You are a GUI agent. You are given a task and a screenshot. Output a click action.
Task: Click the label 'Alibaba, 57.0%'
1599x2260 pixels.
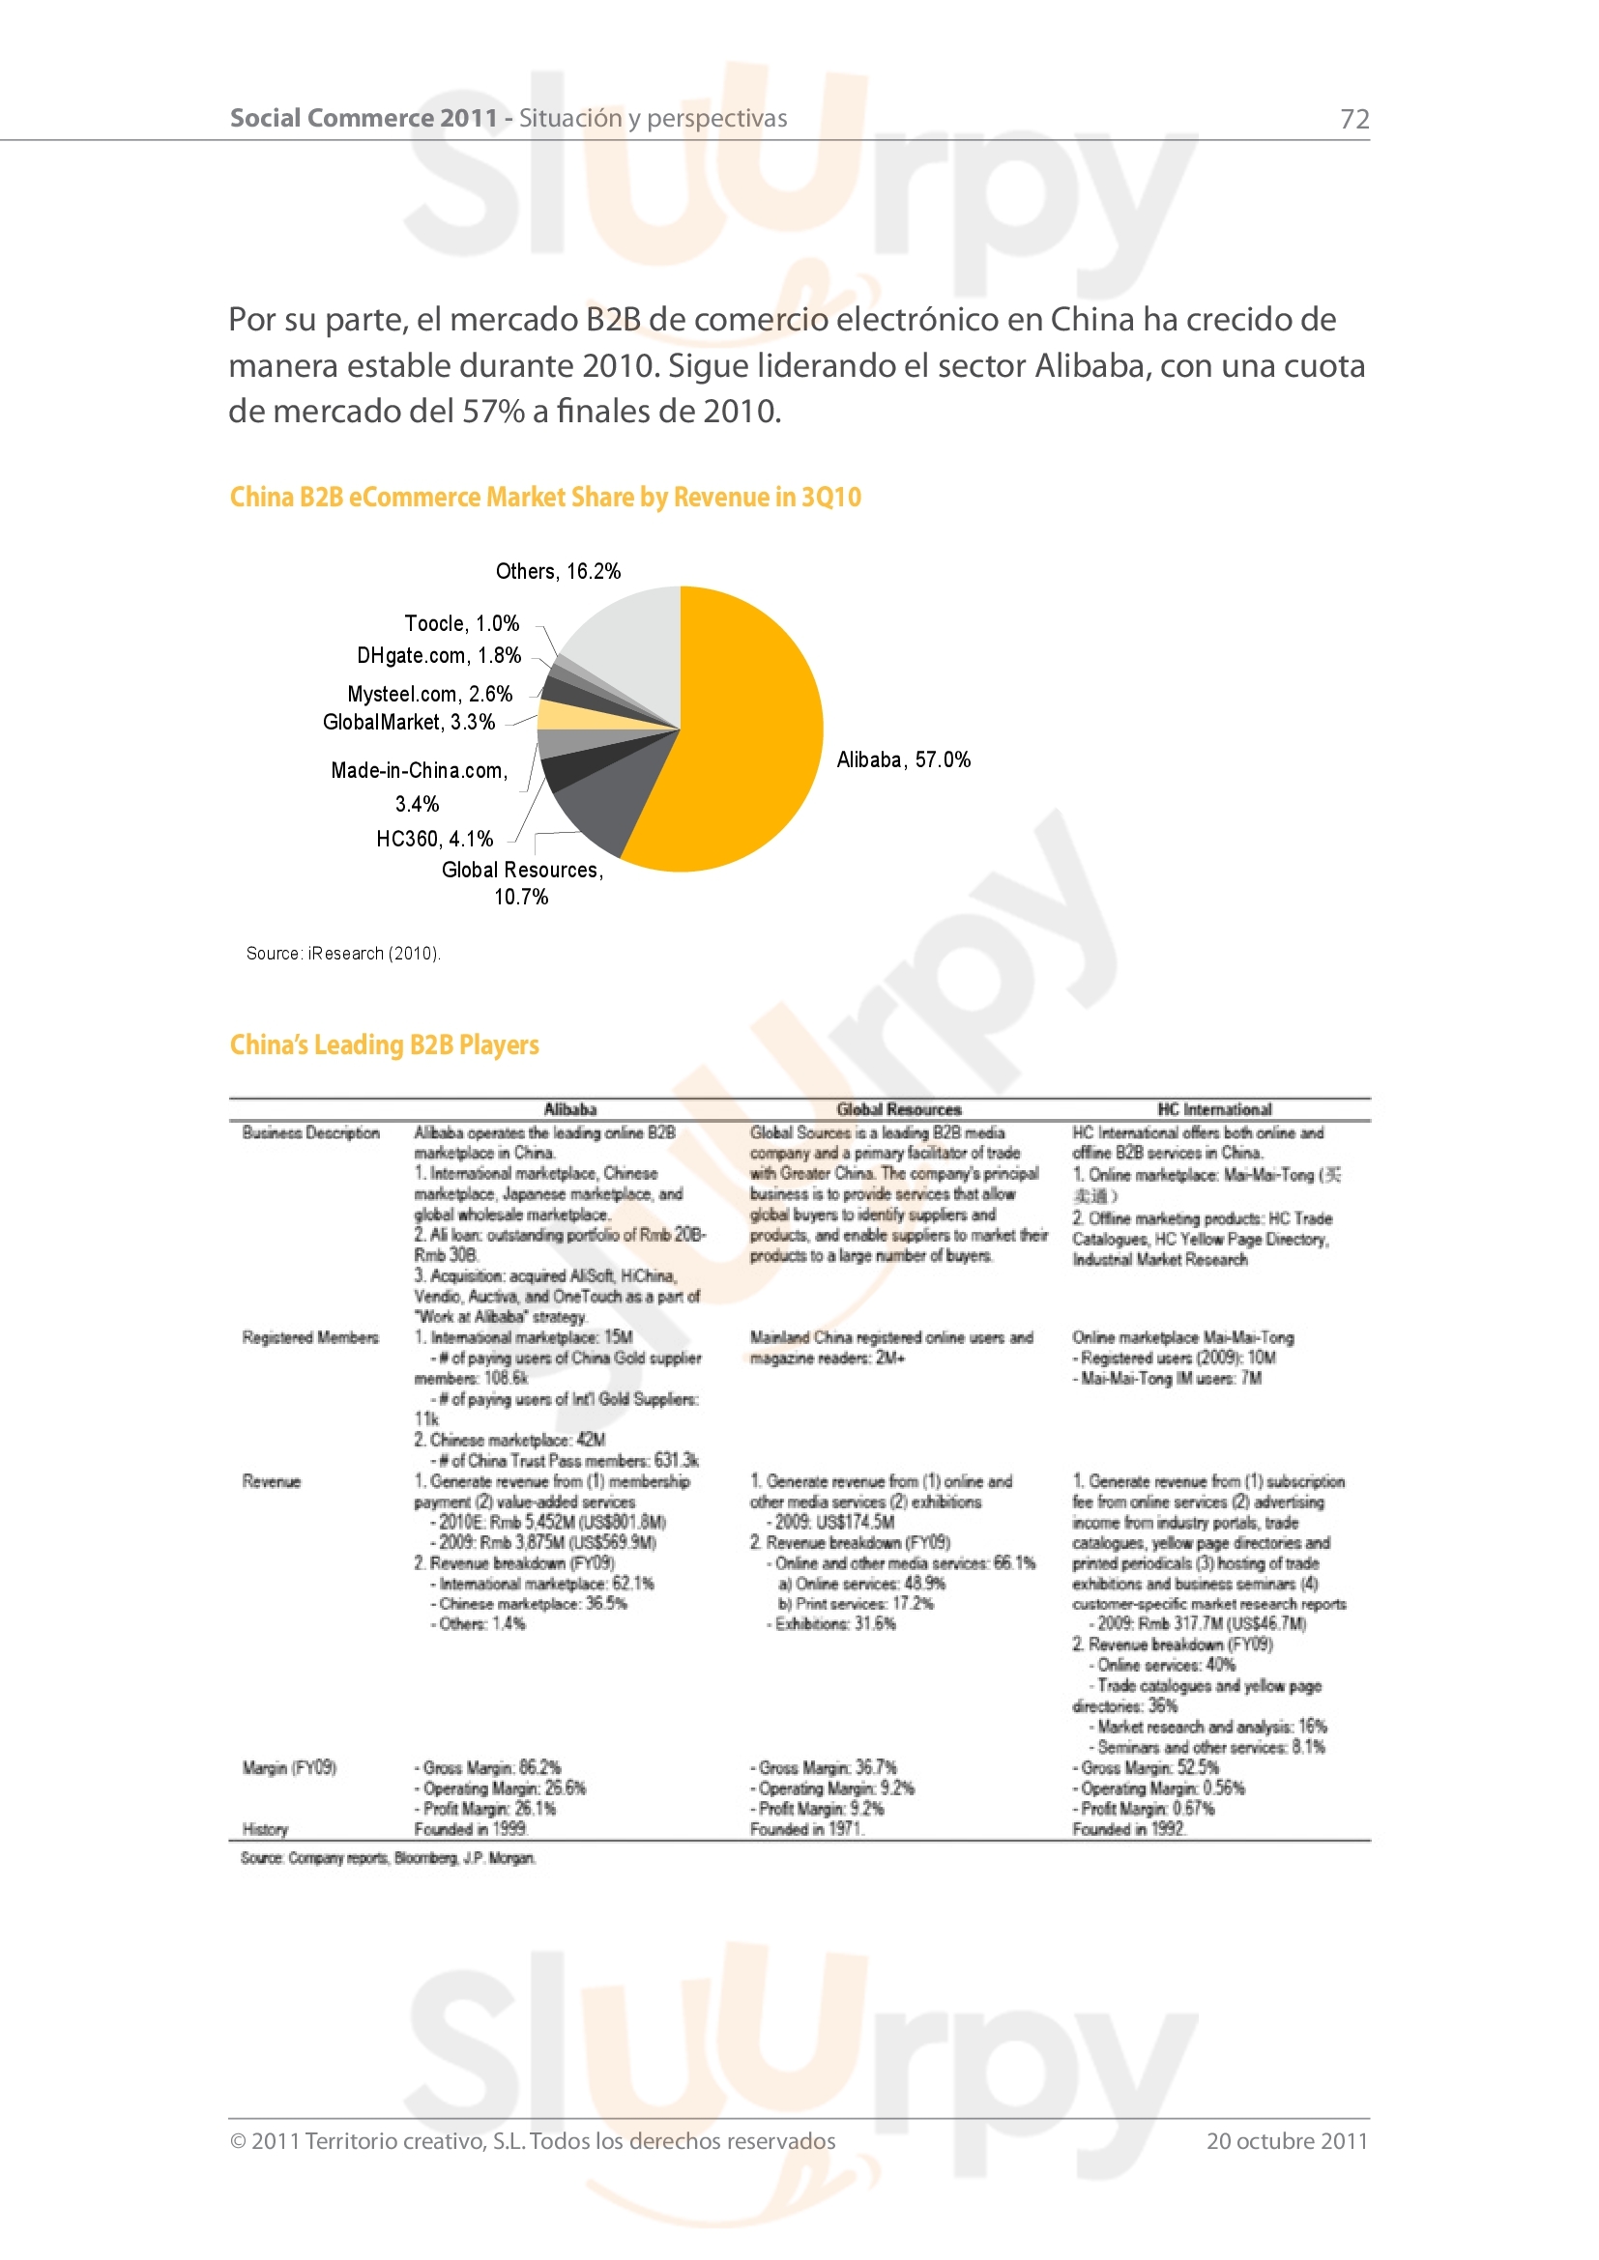[x=903, y=759]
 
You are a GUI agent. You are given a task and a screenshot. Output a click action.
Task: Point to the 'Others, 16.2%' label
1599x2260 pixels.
[x=557, y=572]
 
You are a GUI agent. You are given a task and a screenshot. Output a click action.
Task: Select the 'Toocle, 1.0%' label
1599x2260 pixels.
[x=461, y=624]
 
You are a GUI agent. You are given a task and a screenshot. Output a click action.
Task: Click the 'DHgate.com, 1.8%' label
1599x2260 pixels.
[x=438, y=655]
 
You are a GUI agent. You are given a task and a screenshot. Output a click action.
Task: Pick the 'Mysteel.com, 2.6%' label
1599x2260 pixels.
[x=429, y=694]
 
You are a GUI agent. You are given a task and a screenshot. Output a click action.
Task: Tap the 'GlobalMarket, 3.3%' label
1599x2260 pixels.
[x=409, y=723]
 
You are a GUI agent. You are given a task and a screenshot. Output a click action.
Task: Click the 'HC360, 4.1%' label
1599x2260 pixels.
[x=434, y=839]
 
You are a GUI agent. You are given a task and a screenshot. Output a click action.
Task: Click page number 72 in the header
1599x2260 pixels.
[x=1353, y=119]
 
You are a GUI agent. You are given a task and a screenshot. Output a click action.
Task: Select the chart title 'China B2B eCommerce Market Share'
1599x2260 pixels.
[x=544, y=497]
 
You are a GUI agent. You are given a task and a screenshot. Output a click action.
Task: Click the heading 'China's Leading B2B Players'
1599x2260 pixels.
[x=384, y=1044]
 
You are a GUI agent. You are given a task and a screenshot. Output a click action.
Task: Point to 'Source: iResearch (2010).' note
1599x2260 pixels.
[x=342, y=953]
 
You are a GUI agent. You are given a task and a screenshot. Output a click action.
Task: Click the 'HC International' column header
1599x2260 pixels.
[x=1214, y=1109]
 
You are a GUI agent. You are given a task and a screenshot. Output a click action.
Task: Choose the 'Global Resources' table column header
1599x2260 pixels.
[x=898, y=1109]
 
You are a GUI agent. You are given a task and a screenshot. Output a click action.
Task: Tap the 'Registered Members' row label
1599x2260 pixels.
[x=310, y=1336]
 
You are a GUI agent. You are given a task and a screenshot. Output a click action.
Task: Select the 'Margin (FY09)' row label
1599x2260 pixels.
[x=289, y=1767]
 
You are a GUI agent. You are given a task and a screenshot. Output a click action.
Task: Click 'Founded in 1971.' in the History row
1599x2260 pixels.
[x=806, y=1829]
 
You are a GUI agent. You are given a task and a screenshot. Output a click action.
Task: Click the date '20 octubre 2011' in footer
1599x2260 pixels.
[x=1287, y=2141]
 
